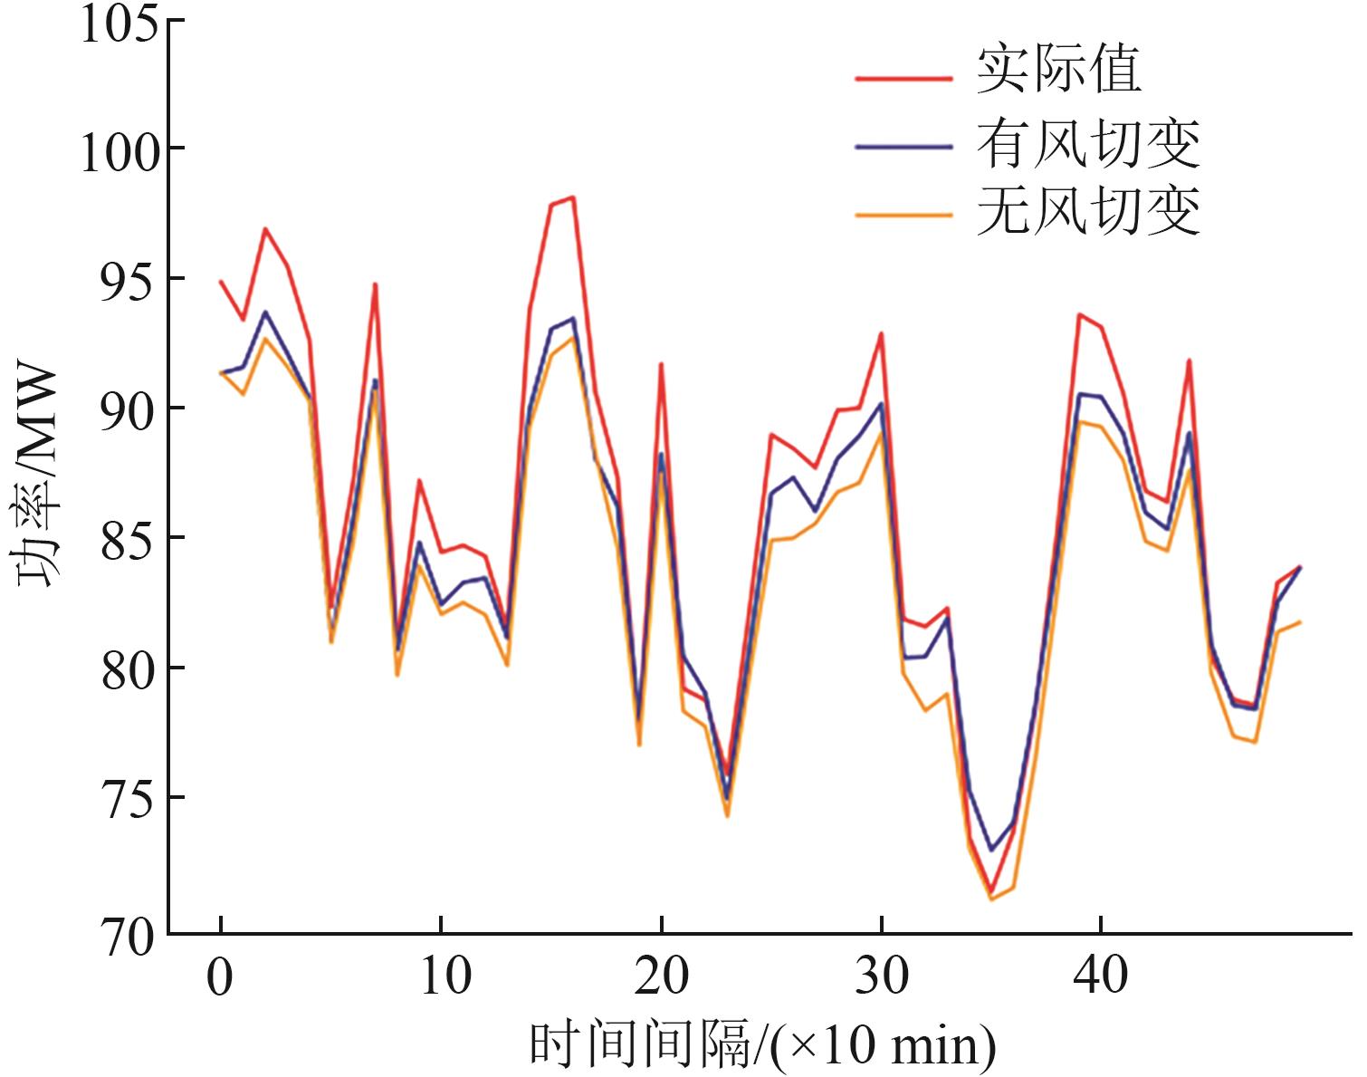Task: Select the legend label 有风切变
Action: pyautogui.click(x=1087, y=142)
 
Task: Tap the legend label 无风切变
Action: pyautogui.click(x=1087, y=211)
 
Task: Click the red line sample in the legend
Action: pyautogui.click(x=903, y=79)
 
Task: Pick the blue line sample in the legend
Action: pyautogui.click(x=903, y=146)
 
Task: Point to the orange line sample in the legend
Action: pyautogui.click(x=903, y=215)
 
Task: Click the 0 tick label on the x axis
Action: pyautogui.click(x=220, y=977)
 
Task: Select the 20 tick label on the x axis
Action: pyautogui.click(x=661, y=977)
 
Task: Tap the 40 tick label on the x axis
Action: pyautogui.click(x=1101, y=977)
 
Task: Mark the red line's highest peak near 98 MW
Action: pyautogui.click(x=572, y=197)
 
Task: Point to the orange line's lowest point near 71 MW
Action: pyautogui.click(x=990, y=899)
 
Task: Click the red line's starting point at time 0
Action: pyautogui.click(x=221, y=281)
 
